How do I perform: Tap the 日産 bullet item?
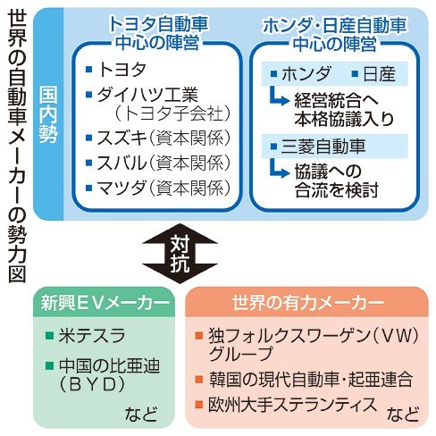(375, 74)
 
